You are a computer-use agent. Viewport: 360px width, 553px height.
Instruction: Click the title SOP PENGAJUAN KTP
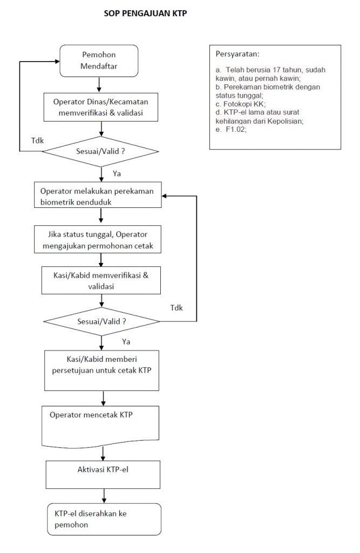[145, 14]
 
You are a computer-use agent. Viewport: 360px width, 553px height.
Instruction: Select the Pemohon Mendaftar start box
[99, 60]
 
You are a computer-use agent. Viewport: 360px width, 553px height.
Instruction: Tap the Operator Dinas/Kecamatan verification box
[101, 107]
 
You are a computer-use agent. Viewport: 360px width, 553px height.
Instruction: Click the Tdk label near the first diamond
[37, 140]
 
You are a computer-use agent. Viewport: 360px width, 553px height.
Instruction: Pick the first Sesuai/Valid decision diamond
[100, 152]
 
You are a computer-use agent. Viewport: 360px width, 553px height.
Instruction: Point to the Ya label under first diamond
[117, 173]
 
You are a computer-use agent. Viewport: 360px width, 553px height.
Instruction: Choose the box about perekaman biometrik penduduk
[98, 194]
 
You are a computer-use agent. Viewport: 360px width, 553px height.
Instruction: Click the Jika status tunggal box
[98, 239]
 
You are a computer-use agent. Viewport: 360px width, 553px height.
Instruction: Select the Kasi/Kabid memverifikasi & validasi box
[101, 280]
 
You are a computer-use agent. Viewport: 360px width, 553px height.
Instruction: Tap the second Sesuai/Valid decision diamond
[101, 322]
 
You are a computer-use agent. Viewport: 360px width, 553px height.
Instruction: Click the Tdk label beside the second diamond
[176, 308]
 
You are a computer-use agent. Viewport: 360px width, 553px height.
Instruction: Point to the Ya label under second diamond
[126, 341]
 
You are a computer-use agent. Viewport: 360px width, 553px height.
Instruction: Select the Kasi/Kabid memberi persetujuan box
[101, 370]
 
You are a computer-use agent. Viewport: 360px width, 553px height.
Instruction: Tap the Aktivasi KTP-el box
[103, 474]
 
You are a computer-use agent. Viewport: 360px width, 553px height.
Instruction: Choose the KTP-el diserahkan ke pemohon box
[104, 519]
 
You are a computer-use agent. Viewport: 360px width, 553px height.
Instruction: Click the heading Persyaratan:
[237, 55]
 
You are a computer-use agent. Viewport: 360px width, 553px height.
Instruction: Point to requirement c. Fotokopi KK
[241, 104]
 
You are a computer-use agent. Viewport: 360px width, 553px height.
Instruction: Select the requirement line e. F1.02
[232, 130]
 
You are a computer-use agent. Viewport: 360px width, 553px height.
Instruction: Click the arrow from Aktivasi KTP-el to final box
[104, 496]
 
